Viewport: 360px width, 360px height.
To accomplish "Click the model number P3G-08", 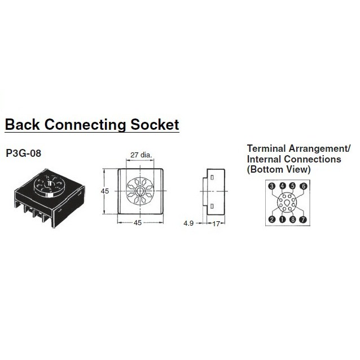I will point(23,153).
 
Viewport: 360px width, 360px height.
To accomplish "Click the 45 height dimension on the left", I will point(104,191).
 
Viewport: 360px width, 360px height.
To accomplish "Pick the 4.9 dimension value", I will point(189,223).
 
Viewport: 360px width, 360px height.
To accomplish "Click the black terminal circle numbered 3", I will point(271,186).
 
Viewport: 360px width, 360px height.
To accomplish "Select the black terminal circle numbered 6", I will point(303,186).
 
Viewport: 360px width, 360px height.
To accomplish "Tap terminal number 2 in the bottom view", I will point(271,219).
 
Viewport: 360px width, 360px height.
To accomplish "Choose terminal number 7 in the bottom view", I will point(303,219).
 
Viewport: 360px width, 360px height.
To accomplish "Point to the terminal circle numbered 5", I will point(292,186).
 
